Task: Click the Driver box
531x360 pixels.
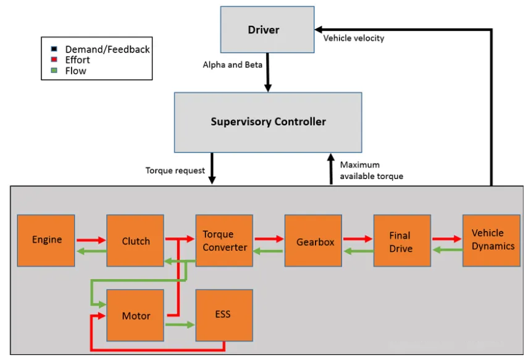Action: click(267, 30)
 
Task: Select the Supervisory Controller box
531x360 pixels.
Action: click(268, 122)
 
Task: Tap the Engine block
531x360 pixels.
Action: click(46, 240)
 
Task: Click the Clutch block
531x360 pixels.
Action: click(135, 240)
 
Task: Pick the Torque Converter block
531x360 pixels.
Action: click(224, 240)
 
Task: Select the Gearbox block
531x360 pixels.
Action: click(313, 240)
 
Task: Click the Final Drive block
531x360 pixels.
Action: click(403, 240)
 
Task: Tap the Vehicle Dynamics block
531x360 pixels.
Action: click(491, 240)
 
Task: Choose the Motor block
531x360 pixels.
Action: click(135, 316)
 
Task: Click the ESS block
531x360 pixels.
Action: click(224, 316)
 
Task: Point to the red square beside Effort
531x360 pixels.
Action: click(54, 60)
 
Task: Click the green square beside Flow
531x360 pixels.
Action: click(54, 70)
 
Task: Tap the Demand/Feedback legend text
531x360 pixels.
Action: click(107, 49)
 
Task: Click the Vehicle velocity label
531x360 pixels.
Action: click(354, 38)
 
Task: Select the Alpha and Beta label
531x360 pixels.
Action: click(233, 65)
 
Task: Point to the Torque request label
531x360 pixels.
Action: click(175, 170)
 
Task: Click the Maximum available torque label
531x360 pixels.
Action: click(372, 170)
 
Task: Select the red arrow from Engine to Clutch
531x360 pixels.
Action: click(91, 240)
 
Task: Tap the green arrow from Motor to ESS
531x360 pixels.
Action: click(180, 325)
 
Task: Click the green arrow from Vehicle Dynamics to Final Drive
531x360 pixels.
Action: click(448, 250)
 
